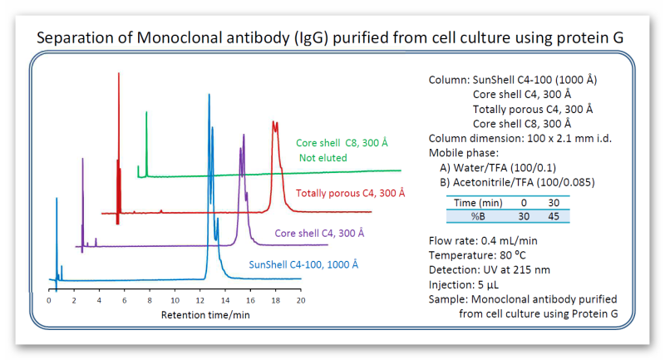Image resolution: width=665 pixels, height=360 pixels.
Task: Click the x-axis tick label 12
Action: point(200,300)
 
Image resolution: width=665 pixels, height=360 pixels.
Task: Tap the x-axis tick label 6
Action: point(124,300)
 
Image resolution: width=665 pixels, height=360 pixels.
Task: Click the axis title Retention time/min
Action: point(205,314)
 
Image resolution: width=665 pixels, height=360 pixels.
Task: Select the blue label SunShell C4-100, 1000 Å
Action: point(303,264)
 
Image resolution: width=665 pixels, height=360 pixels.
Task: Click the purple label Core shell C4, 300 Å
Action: point(319,234)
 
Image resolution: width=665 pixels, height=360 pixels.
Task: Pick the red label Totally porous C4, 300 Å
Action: point(350,194)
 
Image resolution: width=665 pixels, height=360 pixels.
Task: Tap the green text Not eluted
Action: point(323,158)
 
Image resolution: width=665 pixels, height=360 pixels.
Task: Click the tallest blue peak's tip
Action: point(209,95)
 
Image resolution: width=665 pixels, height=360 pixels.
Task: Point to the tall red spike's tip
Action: point(119,73)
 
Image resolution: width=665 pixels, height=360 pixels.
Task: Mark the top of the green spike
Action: point(146,112)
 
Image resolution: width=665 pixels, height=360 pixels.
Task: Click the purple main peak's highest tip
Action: point(244,135)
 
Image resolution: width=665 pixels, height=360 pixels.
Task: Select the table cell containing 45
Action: point(554,216)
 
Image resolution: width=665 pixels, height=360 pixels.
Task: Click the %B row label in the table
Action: point(478,216)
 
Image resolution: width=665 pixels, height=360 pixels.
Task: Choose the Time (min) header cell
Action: point(478,203)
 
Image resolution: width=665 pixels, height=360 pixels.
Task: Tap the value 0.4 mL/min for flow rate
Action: point(509,241)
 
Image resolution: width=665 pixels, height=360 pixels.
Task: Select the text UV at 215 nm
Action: point(516,269)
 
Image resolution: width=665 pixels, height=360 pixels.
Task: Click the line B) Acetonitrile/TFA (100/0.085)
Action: point(517,182)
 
